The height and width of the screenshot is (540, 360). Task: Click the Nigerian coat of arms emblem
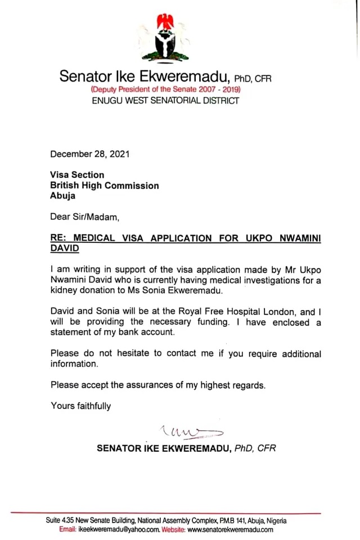pyautogui.click(x=165, y=38)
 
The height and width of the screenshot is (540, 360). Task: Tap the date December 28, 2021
pyautogui.click(x=85, y=154)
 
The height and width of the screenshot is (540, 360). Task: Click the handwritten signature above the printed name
pyautogui.click(x=191, y=433)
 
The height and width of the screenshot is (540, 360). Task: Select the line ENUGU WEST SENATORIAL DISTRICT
pyautogui.click(x=165, y=101)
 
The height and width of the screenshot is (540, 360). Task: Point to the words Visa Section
pyautogui.click(x=77, y=175)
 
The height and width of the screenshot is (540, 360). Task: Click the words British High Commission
pyautogui.click(x=105, y=186)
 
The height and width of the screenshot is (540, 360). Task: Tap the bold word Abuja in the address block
pyautogui.click(x=62, y=196)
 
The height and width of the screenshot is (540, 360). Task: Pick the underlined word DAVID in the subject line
pyautogui.click(x=65, y=248)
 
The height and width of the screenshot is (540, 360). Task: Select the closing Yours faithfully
pyautogui.click(x=81, y=406)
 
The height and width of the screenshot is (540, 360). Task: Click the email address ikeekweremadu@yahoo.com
pyautogui.click(x=119, y=529)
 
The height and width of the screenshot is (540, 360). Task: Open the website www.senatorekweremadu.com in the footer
pyautogui.click(x=230, y=529)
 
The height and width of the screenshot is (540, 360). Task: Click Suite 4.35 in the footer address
pyautogui.click(x=60, y=521)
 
